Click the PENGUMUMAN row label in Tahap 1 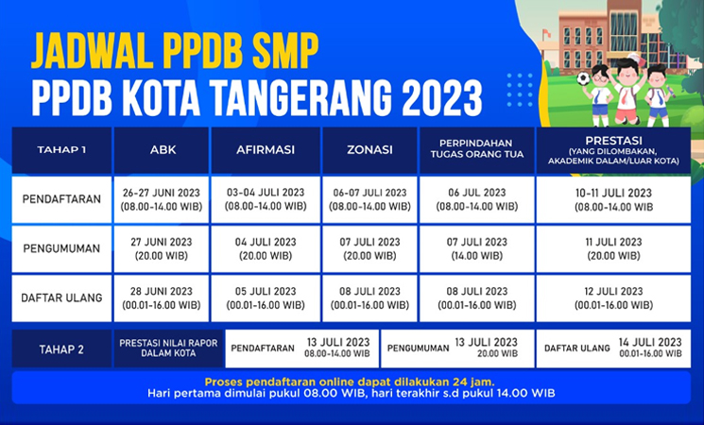[61, 247]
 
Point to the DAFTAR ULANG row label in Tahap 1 [61, 297]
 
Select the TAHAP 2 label [61, 348]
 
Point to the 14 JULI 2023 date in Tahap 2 [650, 342]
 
